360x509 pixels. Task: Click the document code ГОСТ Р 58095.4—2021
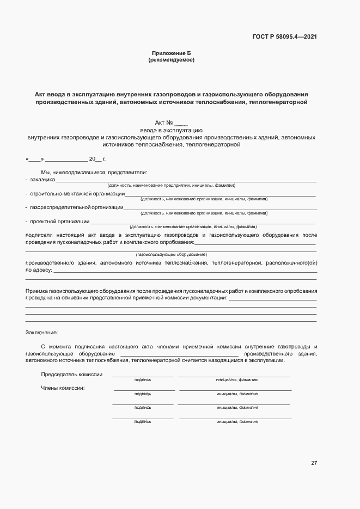tap(284, 37)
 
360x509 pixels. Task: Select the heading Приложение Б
tap(171, 53)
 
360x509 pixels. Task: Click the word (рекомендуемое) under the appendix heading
tap(171, 60)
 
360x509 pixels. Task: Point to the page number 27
tap(314, 463)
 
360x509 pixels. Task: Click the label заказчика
tap(42, 179)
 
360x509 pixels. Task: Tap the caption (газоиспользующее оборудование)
tap(171, 255)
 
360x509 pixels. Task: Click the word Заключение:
tap(41, 332)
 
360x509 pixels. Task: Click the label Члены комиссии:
tap(63, 388)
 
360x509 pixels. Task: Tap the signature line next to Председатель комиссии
tap(143, 376)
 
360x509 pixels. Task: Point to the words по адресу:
tap(39, 269)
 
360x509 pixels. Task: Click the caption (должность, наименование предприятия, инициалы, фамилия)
tap(171, 186)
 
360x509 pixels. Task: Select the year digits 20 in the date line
tap(91, 159)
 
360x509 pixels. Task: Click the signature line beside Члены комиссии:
tap(144, 390)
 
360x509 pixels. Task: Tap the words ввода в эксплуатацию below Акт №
tap(171, 131)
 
